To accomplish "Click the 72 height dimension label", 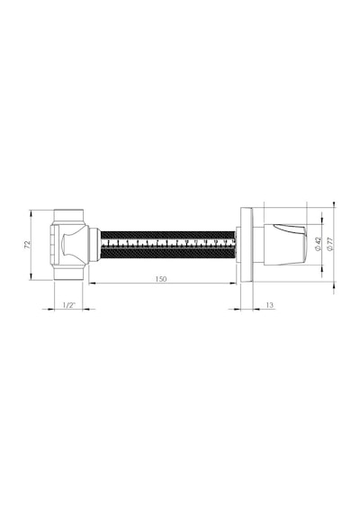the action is pyautogui.click(x=28, y=245).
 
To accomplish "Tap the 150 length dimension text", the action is pyautogui.click(x=161, y=279).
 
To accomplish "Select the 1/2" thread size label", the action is pyautogui.click(x=68, y=305).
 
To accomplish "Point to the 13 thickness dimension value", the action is pyautogui.click(x=270, y=305).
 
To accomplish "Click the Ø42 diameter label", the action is pyautogui.click(x=319, y=244).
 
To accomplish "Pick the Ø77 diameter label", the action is pyautogui.click(x=330, y=244).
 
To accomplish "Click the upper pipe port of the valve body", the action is pyautogui.click(x=68, y=216).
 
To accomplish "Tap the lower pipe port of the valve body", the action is pyautogui.click(x=68, y=273).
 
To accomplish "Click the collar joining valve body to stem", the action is pyautogui.click(x=94, y=245).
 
